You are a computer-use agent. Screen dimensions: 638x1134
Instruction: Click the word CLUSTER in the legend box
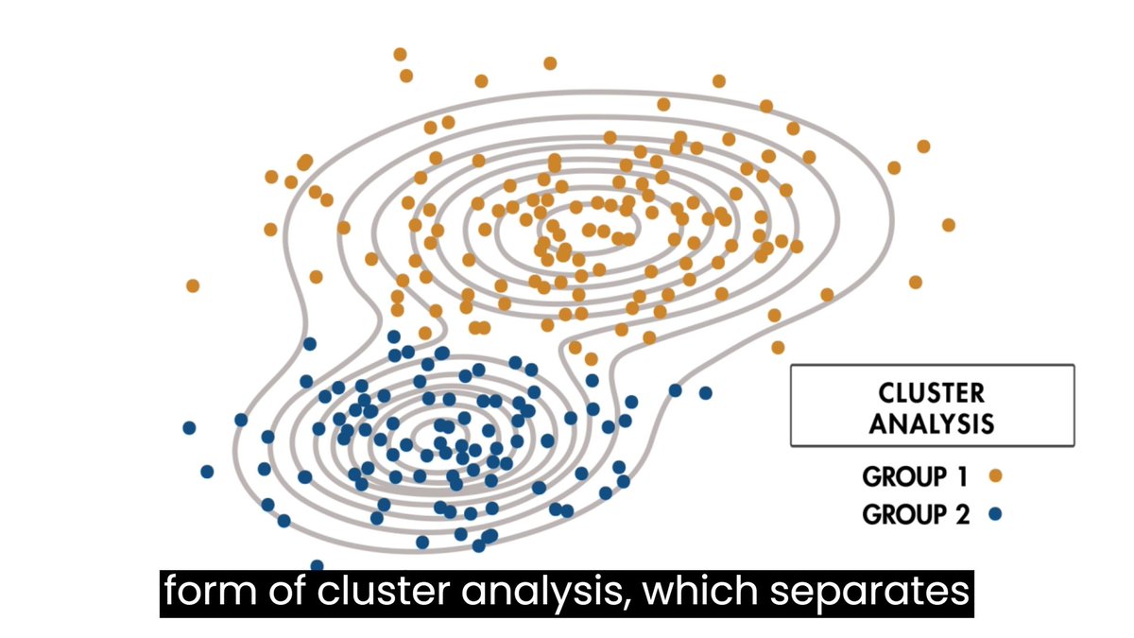[x=932, y=391]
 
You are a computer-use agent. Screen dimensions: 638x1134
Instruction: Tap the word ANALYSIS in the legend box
[x=932, y=422]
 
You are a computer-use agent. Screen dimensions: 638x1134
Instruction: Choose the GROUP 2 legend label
[x=902, y=515]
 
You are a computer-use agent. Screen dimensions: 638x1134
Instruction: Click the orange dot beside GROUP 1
[x=994, y=476]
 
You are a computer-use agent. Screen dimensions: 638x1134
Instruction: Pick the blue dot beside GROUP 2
[x=994, y=515]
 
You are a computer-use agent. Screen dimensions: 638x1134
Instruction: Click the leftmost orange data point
[x=193, y=285]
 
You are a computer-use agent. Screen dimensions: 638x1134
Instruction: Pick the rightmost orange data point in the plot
[x=948, y=225]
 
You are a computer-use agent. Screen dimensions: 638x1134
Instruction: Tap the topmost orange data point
[x=400, y=54]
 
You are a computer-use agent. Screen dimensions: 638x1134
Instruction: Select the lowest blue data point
[x=317, y=565]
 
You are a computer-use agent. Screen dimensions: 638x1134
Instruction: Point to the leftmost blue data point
[x=189, y=428]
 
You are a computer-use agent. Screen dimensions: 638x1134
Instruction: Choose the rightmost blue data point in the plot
[x=705, y=392]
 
